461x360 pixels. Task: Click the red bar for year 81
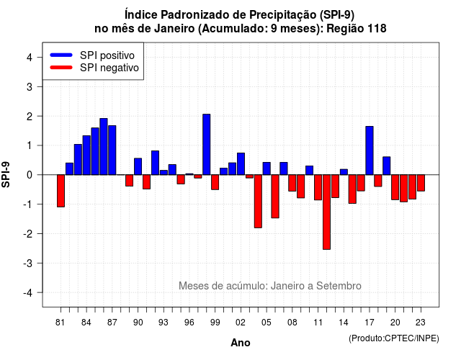[61, 191]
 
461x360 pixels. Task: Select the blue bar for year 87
[112, 150]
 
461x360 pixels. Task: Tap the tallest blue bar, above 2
[207, 144]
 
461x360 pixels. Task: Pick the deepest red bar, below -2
[326, 212]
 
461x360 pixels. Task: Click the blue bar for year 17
[370, 150]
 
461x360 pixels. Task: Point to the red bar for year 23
[421, 183]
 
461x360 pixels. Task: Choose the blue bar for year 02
[241, 163]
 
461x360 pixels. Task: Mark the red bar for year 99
[215, 182]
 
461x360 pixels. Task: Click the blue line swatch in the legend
[61, 55]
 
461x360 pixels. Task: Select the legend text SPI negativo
[109, 68]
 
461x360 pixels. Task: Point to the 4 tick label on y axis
[30, 58]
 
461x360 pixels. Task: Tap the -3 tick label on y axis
[27, 263]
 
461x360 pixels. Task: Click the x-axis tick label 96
[189, 323]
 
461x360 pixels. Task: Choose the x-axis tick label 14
[344, 323]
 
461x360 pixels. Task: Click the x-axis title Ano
[241, 343]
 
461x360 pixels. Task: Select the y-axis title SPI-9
[6, 174]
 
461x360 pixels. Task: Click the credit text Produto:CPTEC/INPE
[394, 338]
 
